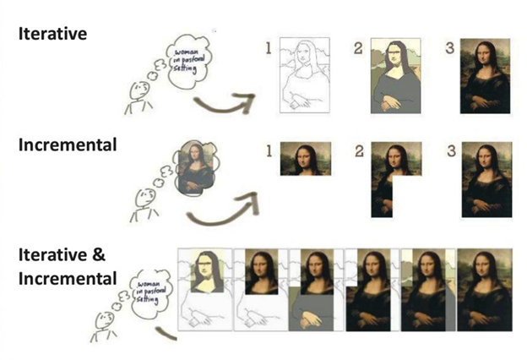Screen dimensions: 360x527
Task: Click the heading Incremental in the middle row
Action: coord(67,145)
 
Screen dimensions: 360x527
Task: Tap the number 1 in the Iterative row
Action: coord(269,48)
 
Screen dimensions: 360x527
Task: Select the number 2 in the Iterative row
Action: coord(358,48)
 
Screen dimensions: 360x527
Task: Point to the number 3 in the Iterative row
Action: coord(450,48)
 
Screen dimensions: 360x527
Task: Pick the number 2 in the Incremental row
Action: coord(360,152)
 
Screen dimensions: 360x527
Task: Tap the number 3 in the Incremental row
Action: coord(450,152)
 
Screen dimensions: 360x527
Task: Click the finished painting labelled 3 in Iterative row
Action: coord(486,76)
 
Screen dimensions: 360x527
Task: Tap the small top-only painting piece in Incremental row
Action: coord(302,158)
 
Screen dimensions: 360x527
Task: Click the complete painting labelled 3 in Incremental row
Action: coord(486,180)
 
